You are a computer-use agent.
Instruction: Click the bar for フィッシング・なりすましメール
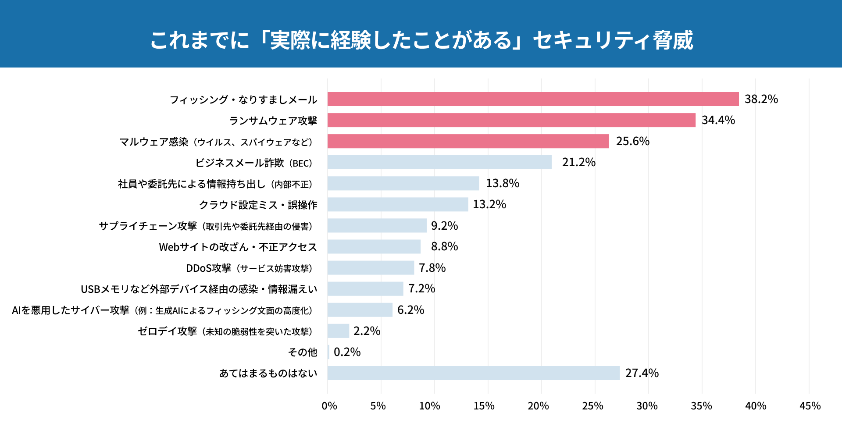533,99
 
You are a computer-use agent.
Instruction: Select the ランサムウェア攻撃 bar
511,120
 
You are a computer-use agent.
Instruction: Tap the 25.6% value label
632,141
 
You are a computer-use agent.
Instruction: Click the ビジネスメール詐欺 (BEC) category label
254,163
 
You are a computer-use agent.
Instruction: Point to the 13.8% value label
502,183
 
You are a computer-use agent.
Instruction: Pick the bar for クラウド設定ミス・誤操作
398,204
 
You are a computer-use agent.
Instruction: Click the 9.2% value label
444,226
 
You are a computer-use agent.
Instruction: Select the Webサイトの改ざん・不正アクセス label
238,247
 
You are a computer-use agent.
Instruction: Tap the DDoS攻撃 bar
371,268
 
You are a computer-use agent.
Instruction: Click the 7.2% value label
421,288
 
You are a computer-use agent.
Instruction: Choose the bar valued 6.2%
360,310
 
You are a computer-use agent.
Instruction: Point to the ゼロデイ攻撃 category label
225,331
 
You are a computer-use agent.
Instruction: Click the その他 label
303,352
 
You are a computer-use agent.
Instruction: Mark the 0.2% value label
347,352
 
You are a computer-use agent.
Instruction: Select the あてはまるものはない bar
473,373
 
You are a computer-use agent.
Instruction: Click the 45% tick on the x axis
810,406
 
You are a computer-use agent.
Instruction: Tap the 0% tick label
329,406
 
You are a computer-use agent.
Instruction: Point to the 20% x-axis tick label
538,406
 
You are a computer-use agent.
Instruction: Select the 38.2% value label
761,99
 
